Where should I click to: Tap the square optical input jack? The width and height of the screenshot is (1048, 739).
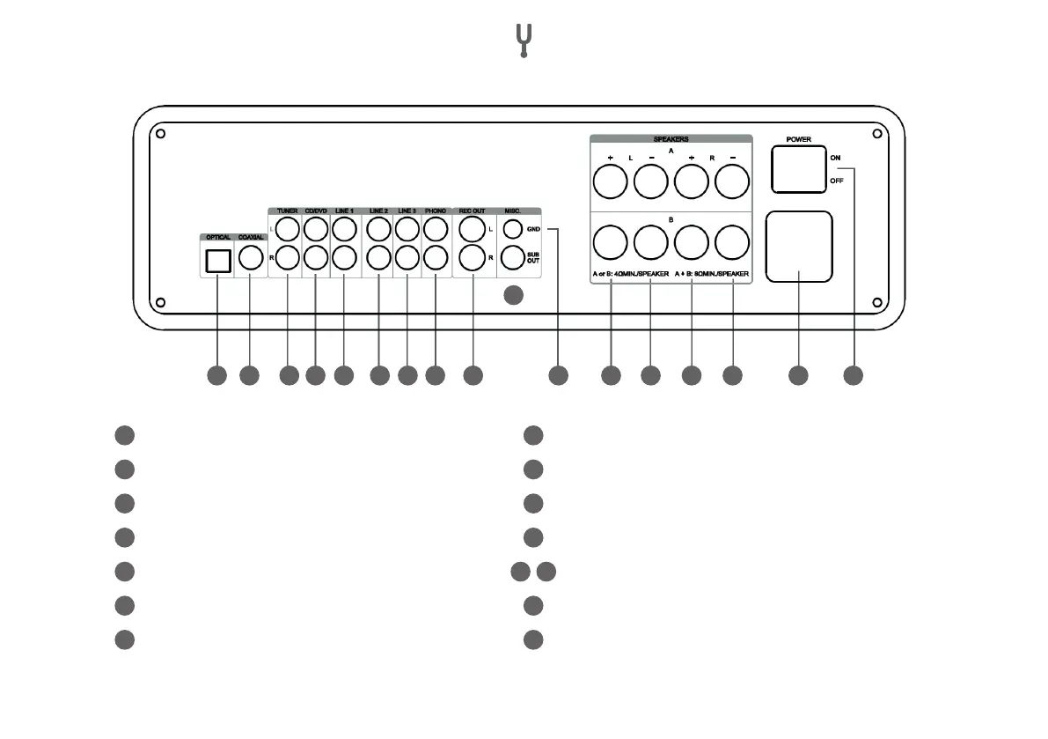(217, 261)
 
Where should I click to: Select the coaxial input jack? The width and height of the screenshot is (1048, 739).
(250, 259)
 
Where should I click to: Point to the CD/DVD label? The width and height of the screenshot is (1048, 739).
(315, 211)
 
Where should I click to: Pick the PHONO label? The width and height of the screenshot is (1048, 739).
(435, 211)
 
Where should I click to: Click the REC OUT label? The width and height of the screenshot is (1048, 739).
(472, 211)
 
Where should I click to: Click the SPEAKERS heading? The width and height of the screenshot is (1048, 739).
(671, 139)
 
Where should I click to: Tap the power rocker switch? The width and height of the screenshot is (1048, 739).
(798, 169)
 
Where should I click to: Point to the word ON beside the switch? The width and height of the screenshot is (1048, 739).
(835, 157)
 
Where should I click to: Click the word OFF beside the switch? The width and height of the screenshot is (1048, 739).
(836, 182)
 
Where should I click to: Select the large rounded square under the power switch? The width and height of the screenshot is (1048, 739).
(798, 247)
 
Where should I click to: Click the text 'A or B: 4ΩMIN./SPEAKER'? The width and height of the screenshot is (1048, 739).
(630, 275)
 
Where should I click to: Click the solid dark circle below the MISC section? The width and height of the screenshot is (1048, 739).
(514, 297)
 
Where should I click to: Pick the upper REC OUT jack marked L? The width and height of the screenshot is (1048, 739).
(471, 230)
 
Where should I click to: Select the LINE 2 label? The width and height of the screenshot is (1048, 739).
(378, 211)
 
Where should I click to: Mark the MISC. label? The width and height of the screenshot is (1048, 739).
(513, 211)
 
